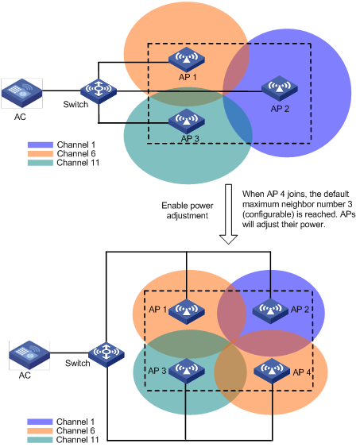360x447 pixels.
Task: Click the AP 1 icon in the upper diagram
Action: click(186, 60)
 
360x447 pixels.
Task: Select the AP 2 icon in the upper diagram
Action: click(280, 88)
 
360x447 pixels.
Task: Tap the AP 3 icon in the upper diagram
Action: click(186, 121)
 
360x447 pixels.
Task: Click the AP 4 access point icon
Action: click(272, 371)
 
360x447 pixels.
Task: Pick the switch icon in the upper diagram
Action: click(99, 91)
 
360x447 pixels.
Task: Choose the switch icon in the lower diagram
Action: click(106, 354)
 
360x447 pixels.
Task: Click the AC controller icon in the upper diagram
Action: click(22, 93)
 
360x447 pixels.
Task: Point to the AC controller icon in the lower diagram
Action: click(29, 355)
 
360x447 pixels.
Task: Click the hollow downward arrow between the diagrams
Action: click(228, 214)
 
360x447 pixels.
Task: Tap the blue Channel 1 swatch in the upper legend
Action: click(41, 145)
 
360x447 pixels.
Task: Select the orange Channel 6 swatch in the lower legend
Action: click(40, 431)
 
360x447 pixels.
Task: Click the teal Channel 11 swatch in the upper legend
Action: click(41, 163)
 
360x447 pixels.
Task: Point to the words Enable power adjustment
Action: click(188, 210)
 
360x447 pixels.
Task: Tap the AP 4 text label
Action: click(302, 372)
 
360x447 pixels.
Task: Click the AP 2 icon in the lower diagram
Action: click(270, 311)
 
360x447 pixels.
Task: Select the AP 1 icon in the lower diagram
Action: click(186, 311)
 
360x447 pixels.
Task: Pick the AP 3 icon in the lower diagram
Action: click(186, 371)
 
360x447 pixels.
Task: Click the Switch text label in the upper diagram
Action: click(75, 104)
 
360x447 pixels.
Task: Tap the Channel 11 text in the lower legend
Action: click(78, 440)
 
